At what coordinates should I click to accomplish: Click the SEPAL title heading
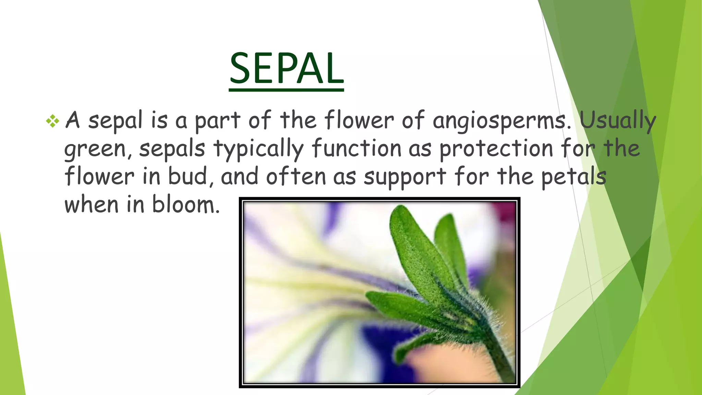286,69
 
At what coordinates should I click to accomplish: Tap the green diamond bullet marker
52,121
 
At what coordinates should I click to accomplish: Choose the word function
356,148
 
